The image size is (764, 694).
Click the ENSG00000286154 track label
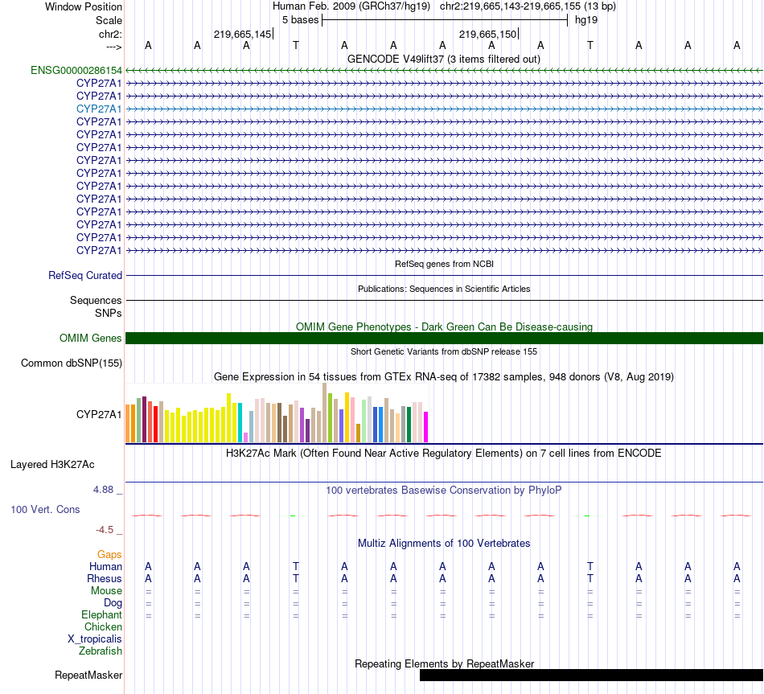coord(76,70)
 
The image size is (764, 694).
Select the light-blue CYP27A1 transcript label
coord(99,109)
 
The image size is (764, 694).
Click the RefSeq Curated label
coord(85,275)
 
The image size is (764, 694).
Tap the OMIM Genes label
coord(91,338)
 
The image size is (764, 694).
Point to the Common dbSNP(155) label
coord(72,363)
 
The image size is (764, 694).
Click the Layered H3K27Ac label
coord(52,464)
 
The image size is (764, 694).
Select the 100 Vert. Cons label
coord(46,509)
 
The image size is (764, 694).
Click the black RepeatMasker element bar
coord(591,675)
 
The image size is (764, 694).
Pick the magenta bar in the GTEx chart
coord(426,426)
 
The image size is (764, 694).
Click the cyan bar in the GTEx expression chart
coord(240,421)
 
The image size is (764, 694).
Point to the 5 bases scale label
coord(296,19)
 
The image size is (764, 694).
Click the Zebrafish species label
coord(101,651)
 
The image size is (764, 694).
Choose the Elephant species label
coord(101,614)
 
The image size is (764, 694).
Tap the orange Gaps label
coord(109,554)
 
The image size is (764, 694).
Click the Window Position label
coord(84,6)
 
